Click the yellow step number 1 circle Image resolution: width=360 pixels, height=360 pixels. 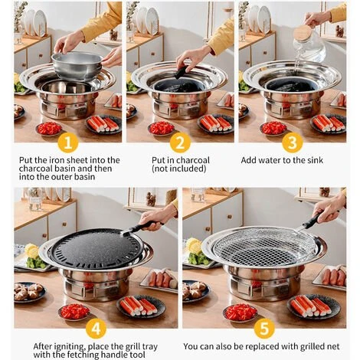[x=68, y=142]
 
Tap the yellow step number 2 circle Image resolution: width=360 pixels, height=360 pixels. [x=180, y=142]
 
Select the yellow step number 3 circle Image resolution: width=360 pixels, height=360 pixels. [x=293, y=142]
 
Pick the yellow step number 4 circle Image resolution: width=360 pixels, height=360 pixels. [x=96, y=329]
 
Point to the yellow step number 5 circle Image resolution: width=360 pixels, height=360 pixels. [x=264, y=329]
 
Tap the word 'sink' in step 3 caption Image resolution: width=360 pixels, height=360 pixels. [x=315, y=160]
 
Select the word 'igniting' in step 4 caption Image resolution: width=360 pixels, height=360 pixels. [x=67, y=347]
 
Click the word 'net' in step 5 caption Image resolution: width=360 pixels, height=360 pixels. [x=333, y=347]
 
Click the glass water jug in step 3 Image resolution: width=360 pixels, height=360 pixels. [x=309, y=44]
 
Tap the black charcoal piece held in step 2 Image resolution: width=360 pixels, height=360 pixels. [x=182, y=72]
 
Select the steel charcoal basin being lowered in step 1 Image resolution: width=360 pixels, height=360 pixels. [x=77, y=64]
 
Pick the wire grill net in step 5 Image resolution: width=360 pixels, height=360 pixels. [x=264, y=246]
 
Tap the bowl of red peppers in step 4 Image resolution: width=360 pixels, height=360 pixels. [x=74, y=312]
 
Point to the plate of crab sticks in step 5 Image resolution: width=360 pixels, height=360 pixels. [x=313, y=306]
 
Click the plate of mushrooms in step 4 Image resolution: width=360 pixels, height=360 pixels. [x=29, y=292]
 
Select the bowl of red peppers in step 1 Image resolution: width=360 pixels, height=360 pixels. [x=49, y=129]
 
